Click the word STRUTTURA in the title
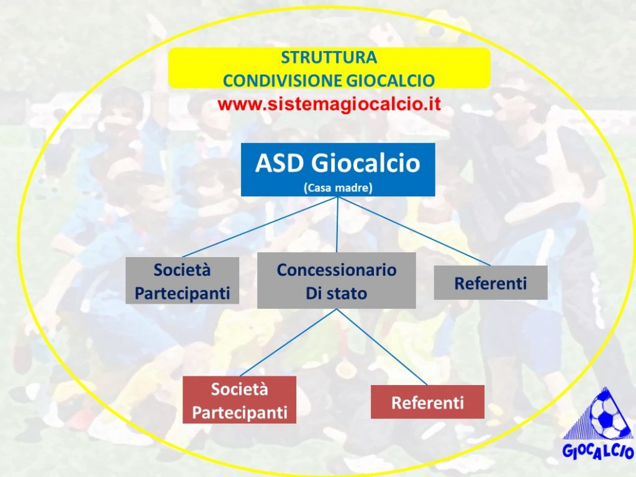tap(329, 58)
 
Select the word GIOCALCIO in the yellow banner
tap(391, 81)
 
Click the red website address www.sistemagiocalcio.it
tap(329, 104)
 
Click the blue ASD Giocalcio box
tap(338, 170)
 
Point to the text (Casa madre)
tap(338, 188)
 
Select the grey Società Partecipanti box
tap(182, 281)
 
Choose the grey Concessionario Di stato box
tap(337, 281)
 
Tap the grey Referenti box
tap(491, 283)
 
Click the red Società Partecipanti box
tap(239, 400)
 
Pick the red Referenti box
tap(427, 402)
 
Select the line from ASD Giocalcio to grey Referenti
tap(414, 231)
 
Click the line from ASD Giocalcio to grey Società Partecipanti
tap(260, 227)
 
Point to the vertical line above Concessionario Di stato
tap(337, 225)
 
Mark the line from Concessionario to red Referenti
tap(382, 347)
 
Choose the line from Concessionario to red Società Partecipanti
tap(288, 343)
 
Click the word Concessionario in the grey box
tap(337, 270)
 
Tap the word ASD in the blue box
tap(279, 163)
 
